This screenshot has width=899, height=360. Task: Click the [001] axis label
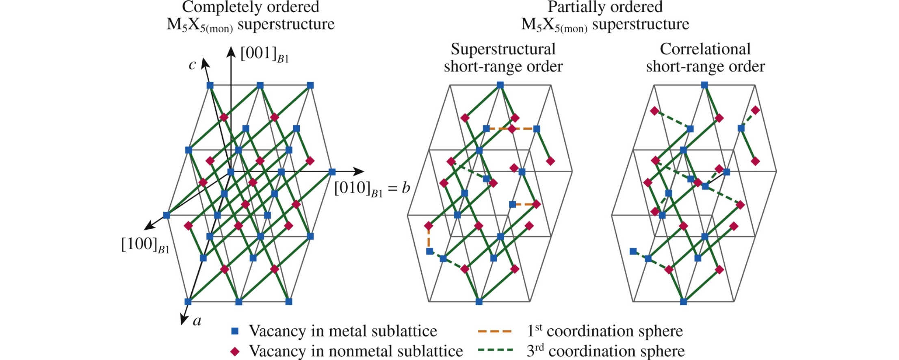click(264, 54)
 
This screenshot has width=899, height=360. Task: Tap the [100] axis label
click(145, 245)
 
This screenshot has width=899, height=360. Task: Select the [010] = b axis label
click(372, 189)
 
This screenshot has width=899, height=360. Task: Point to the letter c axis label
click(193, 65)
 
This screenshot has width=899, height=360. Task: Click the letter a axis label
click(197, 321)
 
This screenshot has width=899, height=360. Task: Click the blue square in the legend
click(235, 331)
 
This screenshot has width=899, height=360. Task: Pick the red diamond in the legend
click(235, 351)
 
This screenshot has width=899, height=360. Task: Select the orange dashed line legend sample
click(494, 331)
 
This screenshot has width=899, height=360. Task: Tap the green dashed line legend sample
click(494, 351)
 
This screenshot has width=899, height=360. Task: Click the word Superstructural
click(503, 49)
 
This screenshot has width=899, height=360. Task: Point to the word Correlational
click(705, 49)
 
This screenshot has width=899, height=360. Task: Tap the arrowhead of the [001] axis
click(231, 51)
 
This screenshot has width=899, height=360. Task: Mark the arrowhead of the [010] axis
click(359, 171)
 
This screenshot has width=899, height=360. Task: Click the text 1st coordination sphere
click(604, 331)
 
